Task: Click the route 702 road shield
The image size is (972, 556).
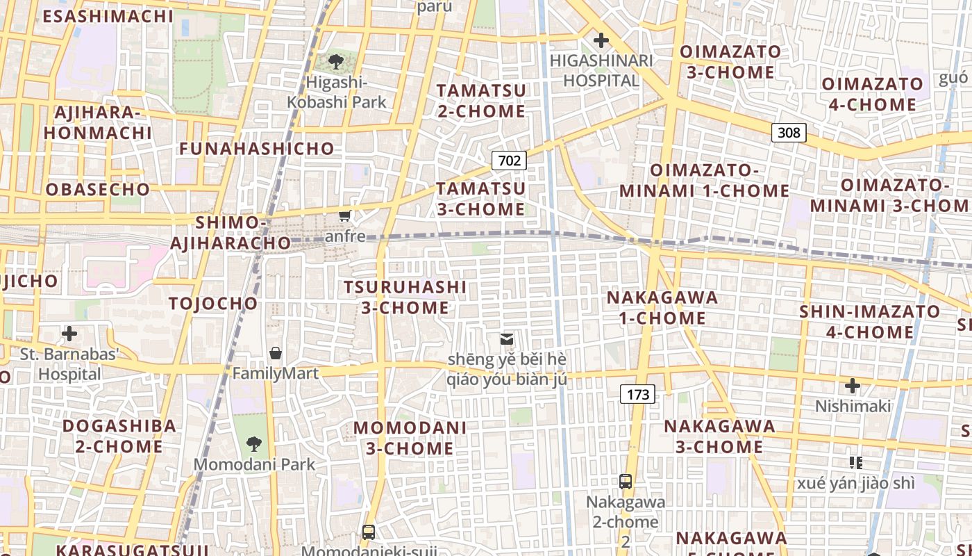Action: pos(509,161)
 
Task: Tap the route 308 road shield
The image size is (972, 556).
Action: pos(789,132)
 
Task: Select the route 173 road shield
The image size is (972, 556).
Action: pos(637,395)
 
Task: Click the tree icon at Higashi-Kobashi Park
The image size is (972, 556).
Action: pos(336,62)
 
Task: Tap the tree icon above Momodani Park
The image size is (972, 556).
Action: pos(254,443)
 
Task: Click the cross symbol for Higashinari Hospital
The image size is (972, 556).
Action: pos(601,40)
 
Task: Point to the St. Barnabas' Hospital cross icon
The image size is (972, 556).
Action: pos(69,334)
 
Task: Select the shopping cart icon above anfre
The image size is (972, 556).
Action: pos(344,216)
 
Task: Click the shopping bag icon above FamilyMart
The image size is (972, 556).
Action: pos(276,353)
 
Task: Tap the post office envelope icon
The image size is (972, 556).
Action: pos(507,339)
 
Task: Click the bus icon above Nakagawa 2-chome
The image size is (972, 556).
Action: pos(626,481)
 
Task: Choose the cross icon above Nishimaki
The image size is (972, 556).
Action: pos(853,386)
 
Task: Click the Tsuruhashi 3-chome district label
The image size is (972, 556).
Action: pos(405,297)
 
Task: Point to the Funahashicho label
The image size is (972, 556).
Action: pos(257,148)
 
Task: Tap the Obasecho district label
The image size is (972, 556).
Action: pos(98,189)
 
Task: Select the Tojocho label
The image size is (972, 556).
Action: pos(213,303)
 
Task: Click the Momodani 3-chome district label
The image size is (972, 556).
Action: pos(410,438)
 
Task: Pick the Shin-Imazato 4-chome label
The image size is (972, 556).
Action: pos(870,321)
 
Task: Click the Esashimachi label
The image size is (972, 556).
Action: pos(108,16)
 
